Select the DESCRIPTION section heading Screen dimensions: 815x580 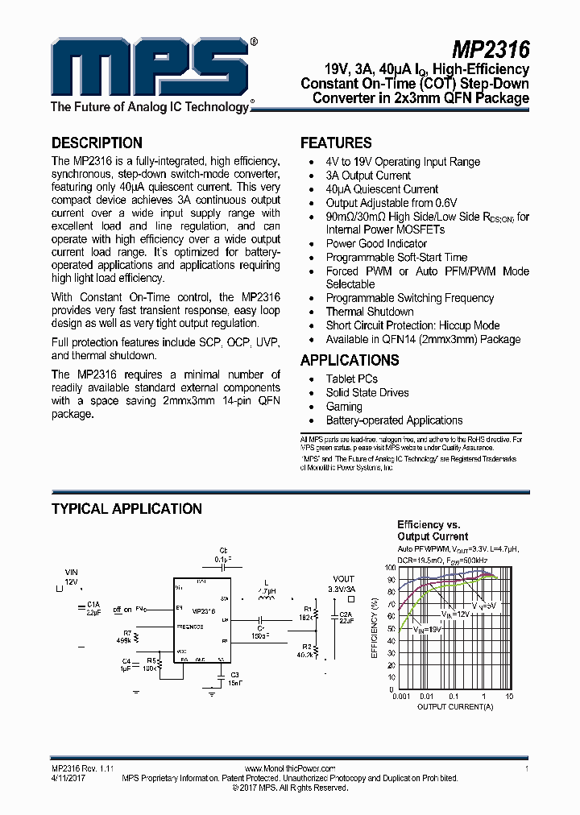pyautogui.click(x=97, y=143)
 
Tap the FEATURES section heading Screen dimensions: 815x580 pyautogui.click(x=336, y=143)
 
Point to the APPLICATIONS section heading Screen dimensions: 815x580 pyautogui.click(x=350, y=360)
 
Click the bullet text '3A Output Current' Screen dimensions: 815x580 pyautogui.click(x=368, y=176)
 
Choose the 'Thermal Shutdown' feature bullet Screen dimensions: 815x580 pyautogui.click(x=370, y=312)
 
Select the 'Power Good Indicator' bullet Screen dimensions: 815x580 pyautogui.click(x=376, y=243)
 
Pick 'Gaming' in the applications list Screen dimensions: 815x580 pyautogui.click(x=345, y=407)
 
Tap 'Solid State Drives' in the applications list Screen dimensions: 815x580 pyautogui.click(x=367, y=393)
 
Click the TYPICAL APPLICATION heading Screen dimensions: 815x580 pyautogui.click(x=126, y=509)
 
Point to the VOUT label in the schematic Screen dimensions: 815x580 pyautogui.click(x=343, y=579)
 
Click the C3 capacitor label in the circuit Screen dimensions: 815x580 pyautogui.click(x=234, y=674)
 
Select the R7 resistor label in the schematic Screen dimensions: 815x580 pyautogui.click(x=127, y=633)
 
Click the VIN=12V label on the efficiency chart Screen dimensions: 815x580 pyautogui.click(x=456, y=614)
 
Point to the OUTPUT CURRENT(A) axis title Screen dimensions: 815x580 pyautogui.click(x=455, y=706)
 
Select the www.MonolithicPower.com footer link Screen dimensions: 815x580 pyautogui.click(x=289, y=769)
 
